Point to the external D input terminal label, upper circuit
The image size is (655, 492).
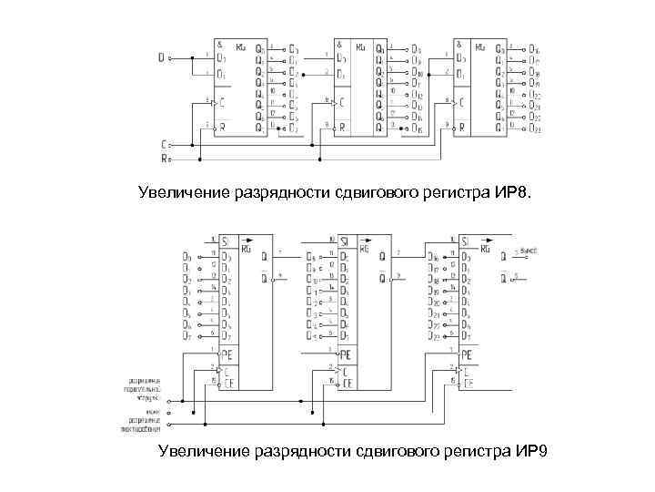pos(161,57)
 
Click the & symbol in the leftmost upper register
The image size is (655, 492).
pos(219,45)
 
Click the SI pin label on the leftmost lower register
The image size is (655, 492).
pos(223,242)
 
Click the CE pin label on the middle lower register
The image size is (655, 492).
pos(348,383)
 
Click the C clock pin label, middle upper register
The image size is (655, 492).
pos(341,102)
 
